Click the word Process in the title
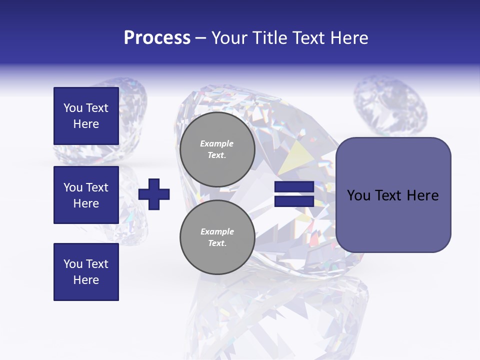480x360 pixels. tap(157, 38)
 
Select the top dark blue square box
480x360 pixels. tap(86, 116)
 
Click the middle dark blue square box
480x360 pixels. tap(86, 195)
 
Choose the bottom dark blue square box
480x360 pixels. tap(86, 272)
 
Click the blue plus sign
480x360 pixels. tap(154, 194)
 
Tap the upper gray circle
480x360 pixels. tap(217, 149)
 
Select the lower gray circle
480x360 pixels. tap(217, 237)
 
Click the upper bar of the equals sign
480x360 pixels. tap(294, 187)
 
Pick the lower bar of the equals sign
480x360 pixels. tap(294, 201)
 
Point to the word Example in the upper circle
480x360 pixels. tap(217, 143)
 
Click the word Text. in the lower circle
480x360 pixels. tap(217, 243)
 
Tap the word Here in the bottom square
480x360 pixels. tap(86, 280)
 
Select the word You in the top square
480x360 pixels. tap(72, 108)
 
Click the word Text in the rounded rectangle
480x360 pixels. tap(390, 195)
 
